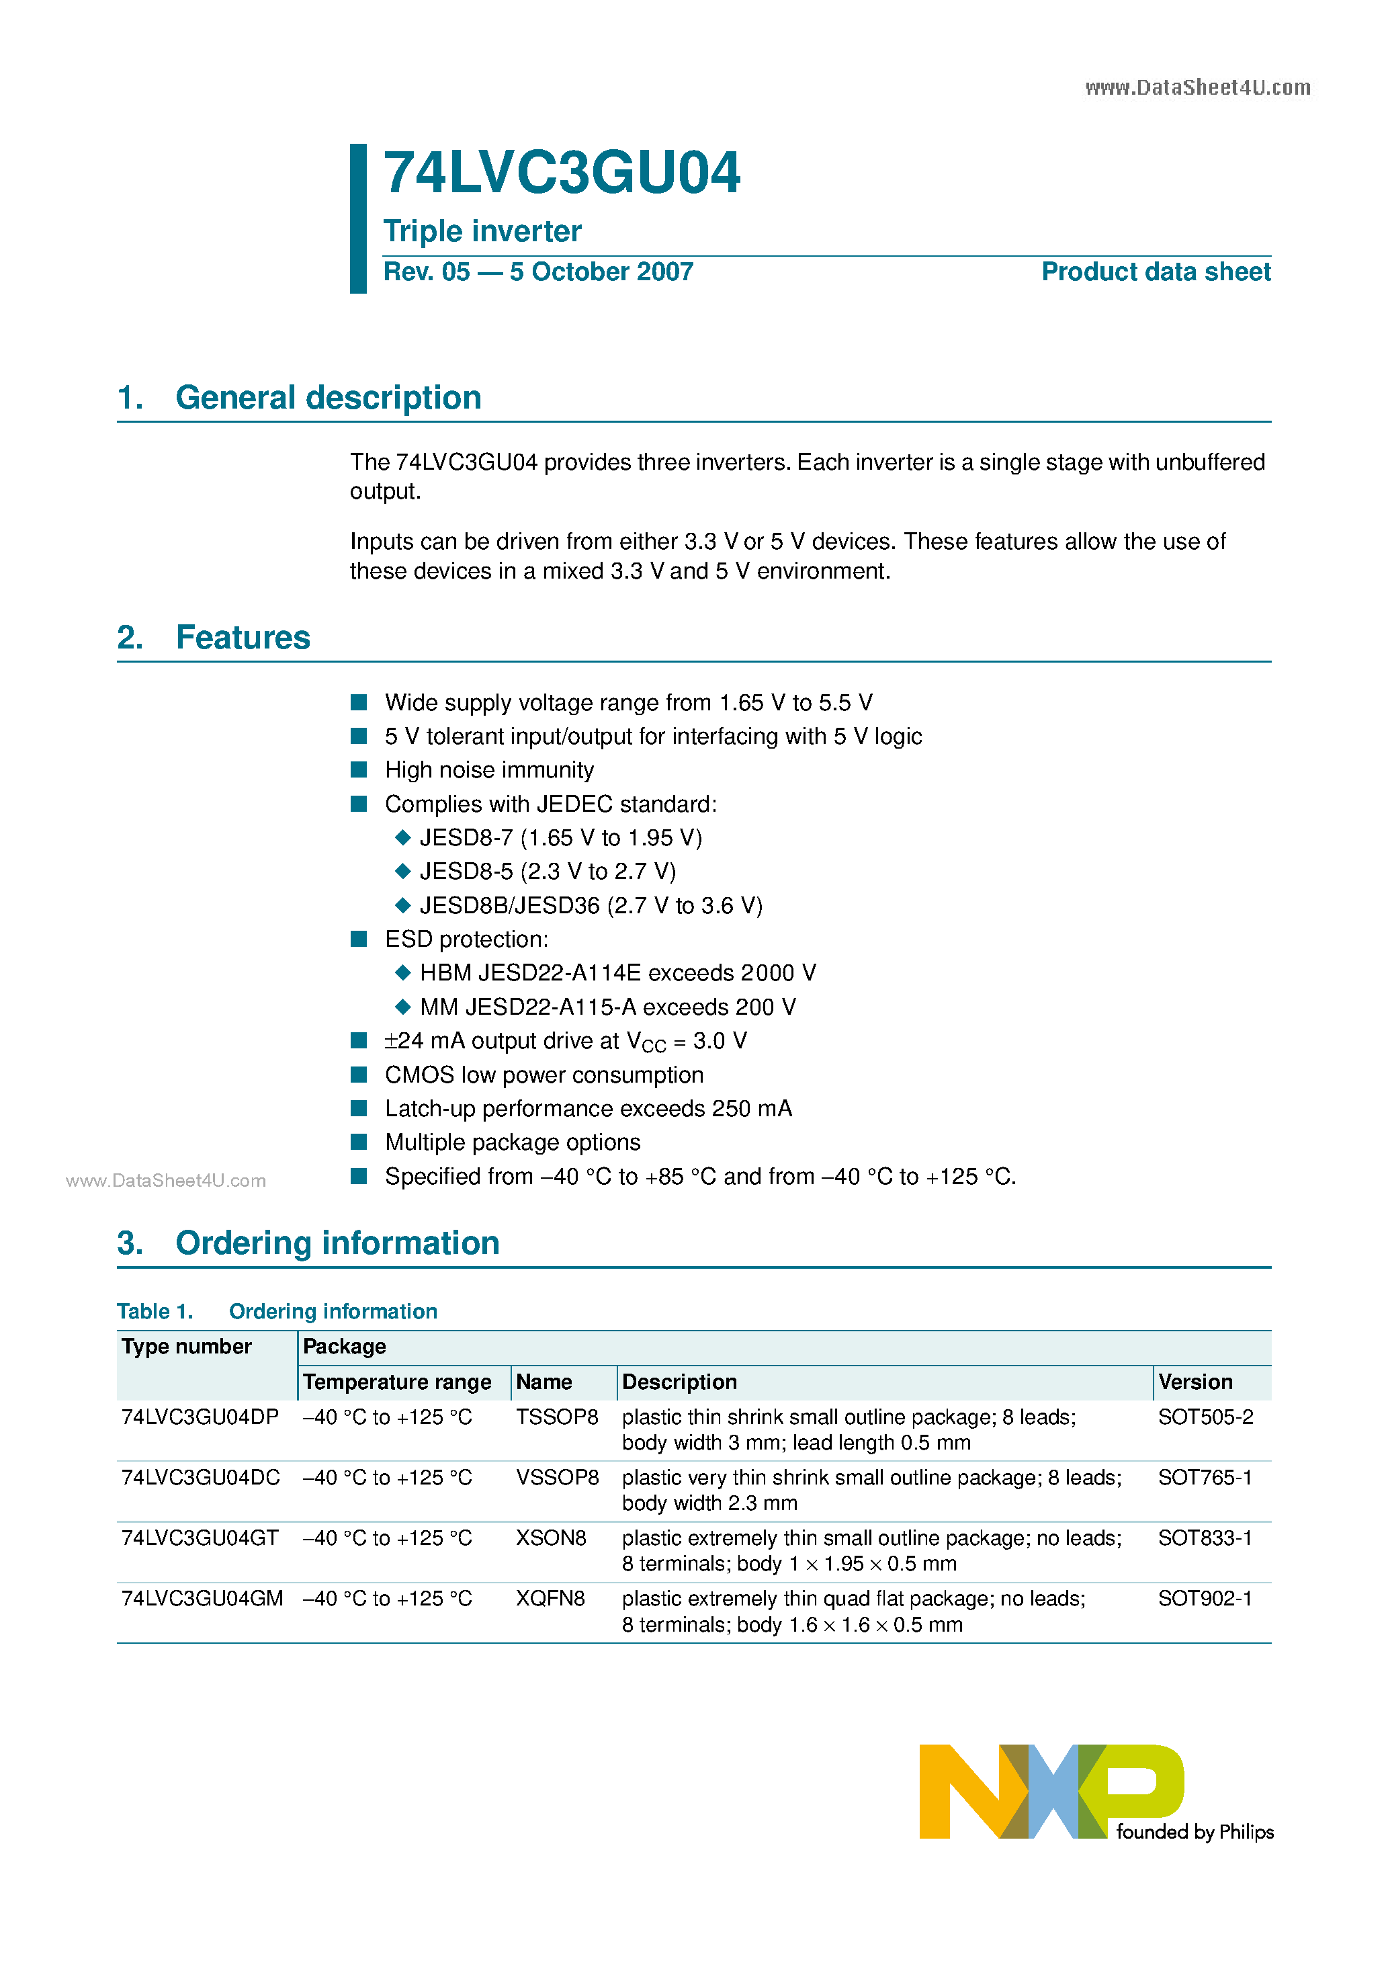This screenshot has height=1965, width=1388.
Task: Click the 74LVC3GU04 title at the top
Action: click(562, 174)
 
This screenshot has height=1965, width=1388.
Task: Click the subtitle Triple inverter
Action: click(482, 231)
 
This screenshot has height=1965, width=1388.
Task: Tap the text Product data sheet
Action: click(1156, 271)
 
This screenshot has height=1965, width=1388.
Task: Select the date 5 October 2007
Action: click(601, 271)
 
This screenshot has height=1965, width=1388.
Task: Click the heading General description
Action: click(328, 398)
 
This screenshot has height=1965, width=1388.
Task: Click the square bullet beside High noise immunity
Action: click(359, 769)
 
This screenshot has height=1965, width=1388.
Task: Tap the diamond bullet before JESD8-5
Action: click(402, 871)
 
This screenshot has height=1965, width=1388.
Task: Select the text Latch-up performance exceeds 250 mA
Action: click(588, 1108)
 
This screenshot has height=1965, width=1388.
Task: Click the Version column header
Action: click(1195, 1382)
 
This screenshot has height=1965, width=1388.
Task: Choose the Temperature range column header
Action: click(397, 1382)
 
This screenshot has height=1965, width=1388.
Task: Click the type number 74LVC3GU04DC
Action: click(200, 1478)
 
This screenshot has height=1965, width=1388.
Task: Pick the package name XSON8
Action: click(550, 1538)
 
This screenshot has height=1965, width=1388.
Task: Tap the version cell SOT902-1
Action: click(1204, 1599)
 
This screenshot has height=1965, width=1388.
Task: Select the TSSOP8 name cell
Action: click(556, 1417)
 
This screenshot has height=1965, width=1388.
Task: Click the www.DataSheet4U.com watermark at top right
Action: click(1197, 87)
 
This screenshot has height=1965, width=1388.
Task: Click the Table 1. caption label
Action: click(155, 1311)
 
